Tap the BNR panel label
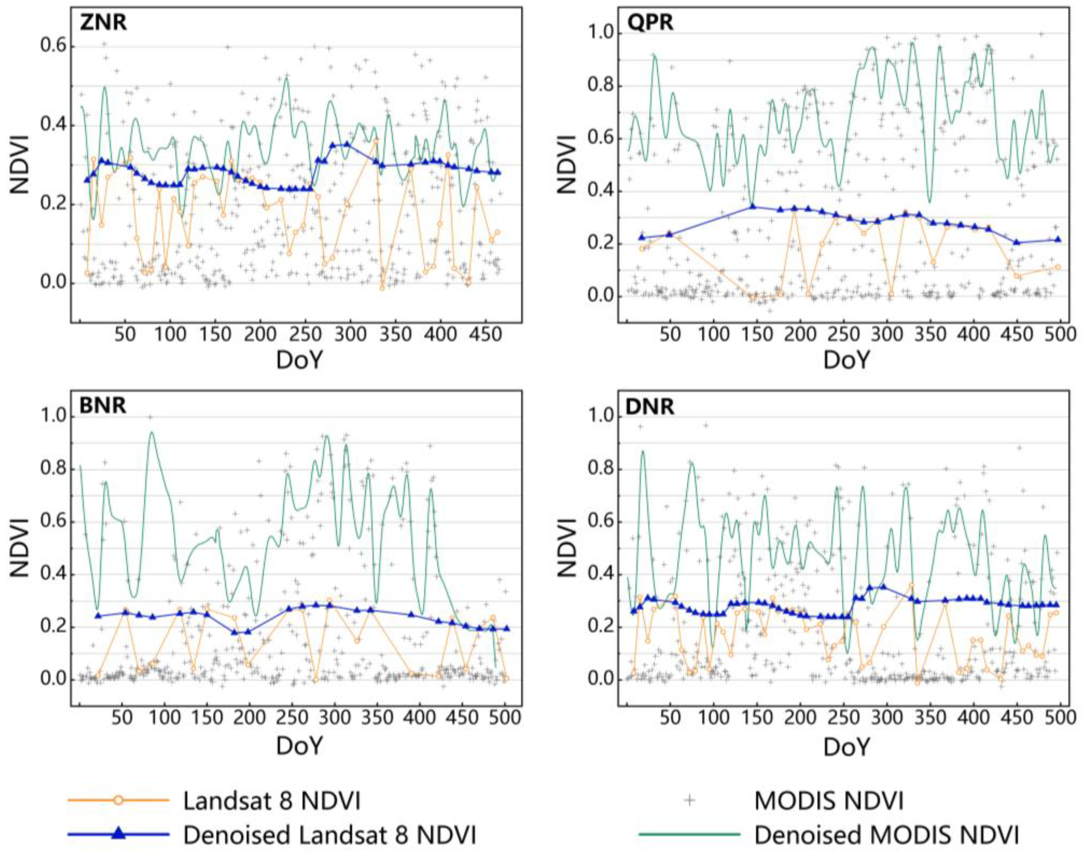103,405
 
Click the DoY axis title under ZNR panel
299,360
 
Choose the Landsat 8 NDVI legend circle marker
118,799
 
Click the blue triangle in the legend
118,833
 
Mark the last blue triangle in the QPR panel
1057,239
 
